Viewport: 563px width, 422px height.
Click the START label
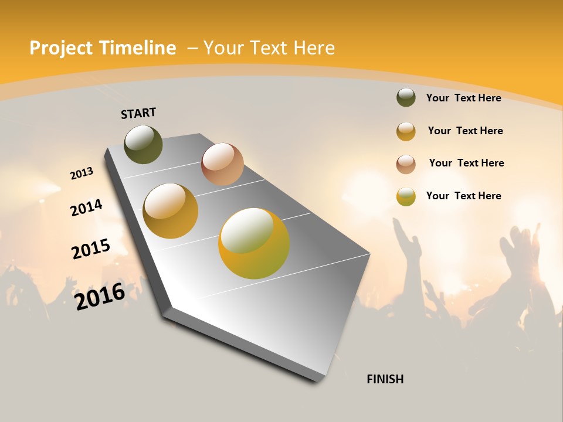click(138, 113)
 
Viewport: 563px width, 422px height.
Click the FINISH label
click(385, 379)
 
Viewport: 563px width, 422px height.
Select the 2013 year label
click(82, 173)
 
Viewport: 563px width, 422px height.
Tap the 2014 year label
click(86, 207)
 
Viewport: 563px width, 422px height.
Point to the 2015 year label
click(91, 249)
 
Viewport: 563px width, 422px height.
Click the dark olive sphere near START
click(143, 145)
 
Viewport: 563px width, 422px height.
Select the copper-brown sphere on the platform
click(222, 164)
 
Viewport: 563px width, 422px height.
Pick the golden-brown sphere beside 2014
click(171, 211)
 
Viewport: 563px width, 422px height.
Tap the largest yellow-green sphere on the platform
click(254, 243)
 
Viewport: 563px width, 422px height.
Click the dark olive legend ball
click(406, 97)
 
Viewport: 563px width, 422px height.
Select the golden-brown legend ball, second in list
click(406, 131)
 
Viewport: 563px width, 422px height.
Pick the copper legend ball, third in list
click(406, 164)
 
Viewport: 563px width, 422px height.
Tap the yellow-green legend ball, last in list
click(406, 196)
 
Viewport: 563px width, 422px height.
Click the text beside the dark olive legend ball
click(463, 98)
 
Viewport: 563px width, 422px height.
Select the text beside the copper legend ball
click(466, 163)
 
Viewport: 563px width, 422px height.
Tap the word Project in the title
click(60, 48)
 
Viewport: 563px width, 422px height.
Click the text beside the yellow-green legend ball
click(463, 196)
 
